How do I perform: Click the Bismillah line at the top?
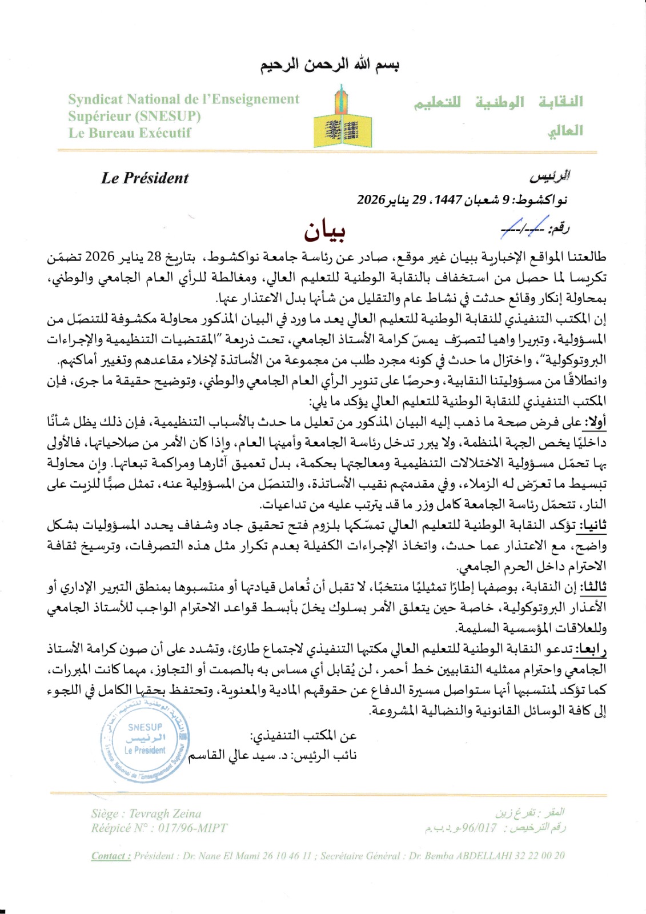pos(330,65)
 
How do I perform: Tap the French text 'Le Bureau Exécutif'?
pos(130,133)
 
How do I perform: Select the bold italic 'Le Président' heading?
pos(145,178)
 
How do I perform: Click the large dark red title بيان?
pos(324,230)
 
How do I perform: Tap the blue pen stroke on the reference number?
pos(524,227)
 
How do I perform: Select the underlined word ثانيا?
pos(593,525)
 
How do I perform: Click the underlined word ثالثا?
pos(593,587)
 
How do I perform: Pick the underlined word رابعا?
pos(592,648)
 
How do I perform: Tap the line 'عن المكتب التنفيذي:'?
pos(303,736)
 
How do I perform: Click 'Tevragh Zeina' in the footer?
pos(165,813)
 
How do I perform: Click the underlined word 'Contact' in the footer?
pos(111,856)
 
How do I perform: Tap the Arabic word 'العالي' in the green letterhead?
pos(565,131)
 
